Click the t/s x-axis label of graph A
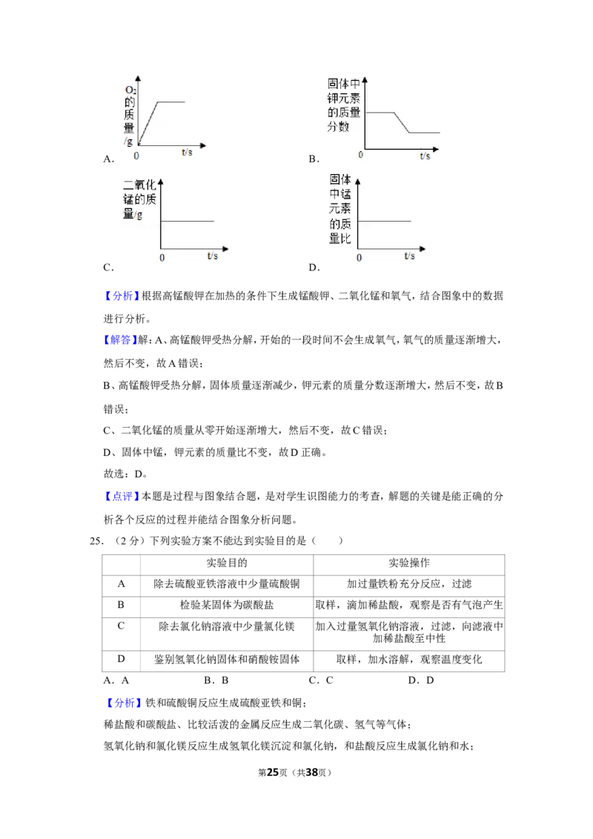click(x=187, y=153)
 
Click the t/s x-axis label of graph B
click(x=425, y=156)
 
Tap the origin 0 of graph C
click(x=162, y=258)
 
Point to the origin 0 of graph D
click(x=359, y=258)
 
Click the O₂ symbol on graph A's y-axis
click(x=130, y=90)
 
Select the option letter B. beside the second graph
click(x=314, y=159)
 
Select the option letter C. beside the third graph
click(x=109, y=268)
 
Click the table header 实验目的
click(x=227, y=563)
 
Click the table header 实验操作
click(x=409, y=563)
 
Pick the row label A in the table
click(x=121, y=584)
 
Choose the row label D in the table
click(x=121, y=659)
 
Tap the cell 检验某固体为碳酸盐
click(x=227, y=606)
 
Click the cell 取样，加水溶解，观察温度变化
click(x=409, y=659)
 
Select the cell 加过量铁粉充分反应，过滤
click(x=409, y=584)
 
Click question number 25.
click(x=96, y=541)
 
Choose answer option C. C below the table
click(x=321, y=680)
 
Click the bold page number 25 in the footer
click(x=273, y=772)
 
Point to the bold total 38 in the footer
click(x=312, y=772)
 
